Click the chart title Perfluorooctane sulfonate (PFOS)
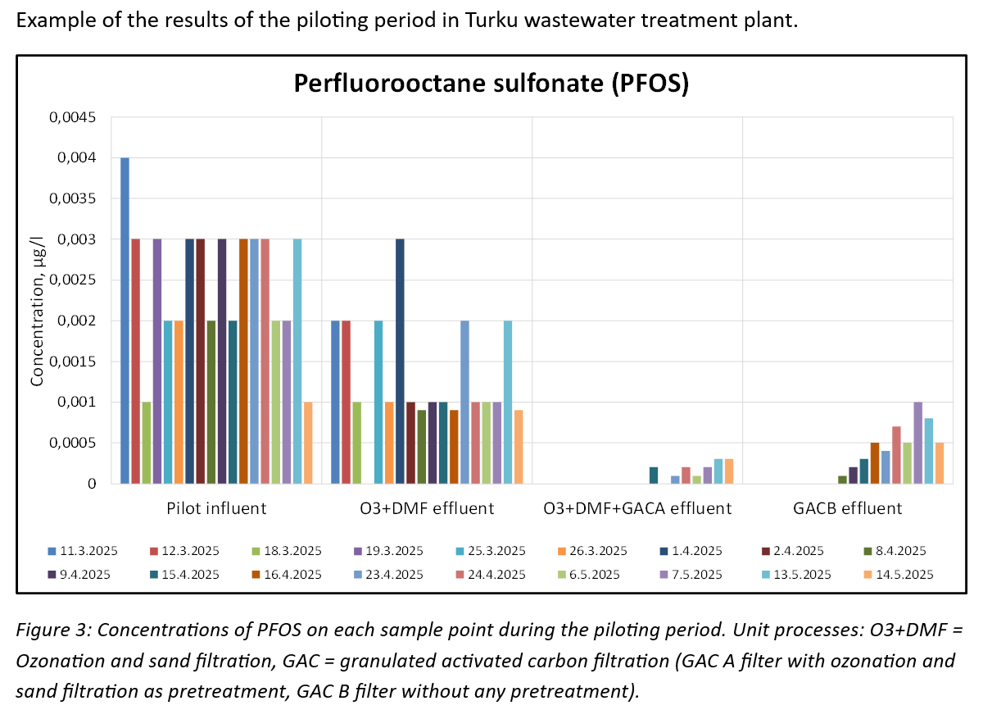(x=491, y=84)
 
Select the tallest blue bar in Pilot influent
(x=125, y=320)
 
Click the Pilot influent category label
(x=215, y=508)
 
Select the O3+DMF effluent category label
(x=427, y=508)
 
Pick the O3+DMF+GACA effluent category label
(x=637, y=508)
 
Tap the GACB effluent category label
(x=847, y=508)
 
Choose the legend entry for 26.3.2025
(x=597, y=550)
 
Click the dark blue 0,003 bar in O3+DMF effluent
(x=400, y=361)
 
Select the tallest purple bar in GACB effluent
(x=917, y=443)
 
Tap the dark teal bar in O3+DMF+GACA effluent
(x=653, y=476)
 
